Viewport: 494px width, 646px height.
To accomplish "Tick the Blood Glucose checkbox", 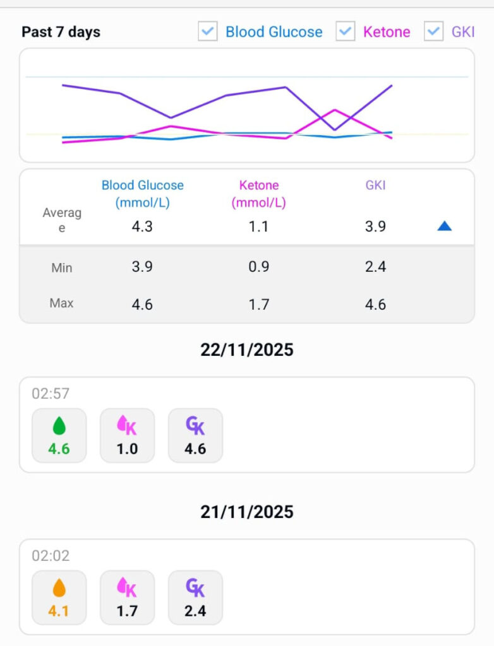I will [208, 32].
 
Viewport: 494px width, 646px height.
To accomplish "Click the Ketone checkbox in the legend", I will [345, 32].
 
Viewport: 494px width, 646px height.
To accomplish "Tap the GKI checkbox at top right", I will [433, 32].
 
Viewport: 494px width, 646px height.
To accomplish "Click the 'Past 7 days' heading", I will [61, 32].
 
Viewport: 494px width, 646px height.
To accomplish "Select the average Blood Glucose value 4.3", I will [142, 226].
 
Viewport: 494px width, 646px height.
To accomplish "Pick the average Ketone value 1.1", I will [259, 226].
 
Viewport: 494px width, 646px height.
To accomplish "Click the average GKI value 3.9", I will [375, 226].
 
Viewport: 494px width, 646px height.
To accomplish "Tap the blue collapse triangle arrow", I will [445, 226].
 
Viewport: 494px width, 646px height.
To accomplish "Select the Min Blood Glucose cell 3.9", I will [142, 267].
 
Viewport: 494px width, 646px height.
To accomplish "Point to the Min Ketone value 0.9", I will [259, 267].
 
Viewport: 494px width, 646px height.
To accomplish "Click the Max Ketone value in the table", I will [259, 305].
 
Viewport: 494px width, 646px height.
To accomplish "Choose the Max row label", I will [61, 303].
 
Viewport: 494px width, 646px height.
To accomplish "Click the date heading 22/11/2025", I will [247, 349].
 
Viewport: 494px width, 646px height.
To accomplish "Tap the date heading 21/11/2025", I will [247, 512].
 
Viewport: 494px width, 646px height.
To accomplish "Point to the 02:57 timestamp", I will [51, 394].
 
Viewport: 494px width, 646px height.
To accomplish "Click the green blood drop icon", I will [59, 426].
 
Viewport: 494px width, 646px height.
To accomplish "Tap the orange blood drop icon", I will [59, 589].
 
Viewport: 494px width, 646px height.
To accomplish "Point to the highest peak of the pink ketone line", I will [335, 110].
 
